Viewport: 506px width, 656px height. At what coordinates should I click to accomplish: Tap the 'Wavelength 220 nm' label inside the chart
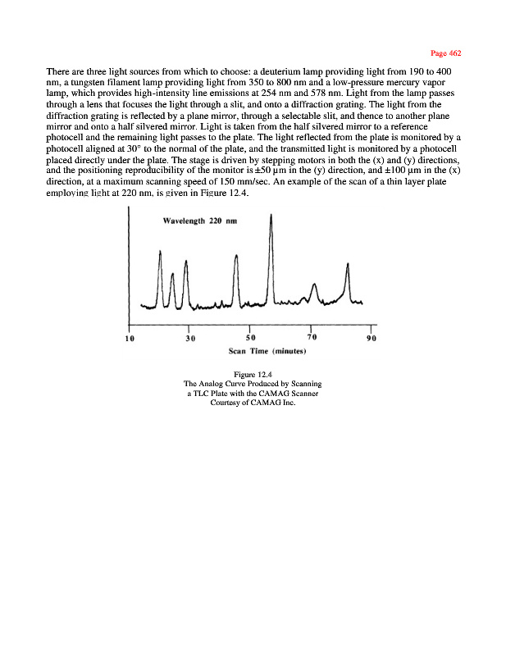click(x=198, y=223)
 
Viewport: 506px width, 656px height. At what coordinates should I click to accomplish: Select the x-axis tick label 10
click(x=130, y=338)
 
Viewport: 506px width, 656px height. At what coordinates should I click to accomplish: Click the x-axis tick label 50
click(x=250, y=338)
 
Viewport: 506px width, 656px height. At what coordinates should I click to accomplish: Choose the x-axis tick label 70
click(x=311, y=338)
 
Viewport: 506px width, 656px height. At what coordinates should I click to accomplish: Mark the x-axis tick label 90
click(x=372, y=338)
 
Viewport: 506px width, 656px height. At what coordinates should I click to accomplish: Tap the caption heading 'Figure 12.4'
click(x=253, y=375)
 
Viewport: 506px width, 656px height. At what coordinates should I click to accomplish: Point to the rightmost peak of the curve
click(x=348, y=264)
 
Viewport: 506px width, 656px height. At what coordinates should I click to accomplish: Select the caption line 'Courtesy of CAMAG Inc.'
click(x=253, y=403)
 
